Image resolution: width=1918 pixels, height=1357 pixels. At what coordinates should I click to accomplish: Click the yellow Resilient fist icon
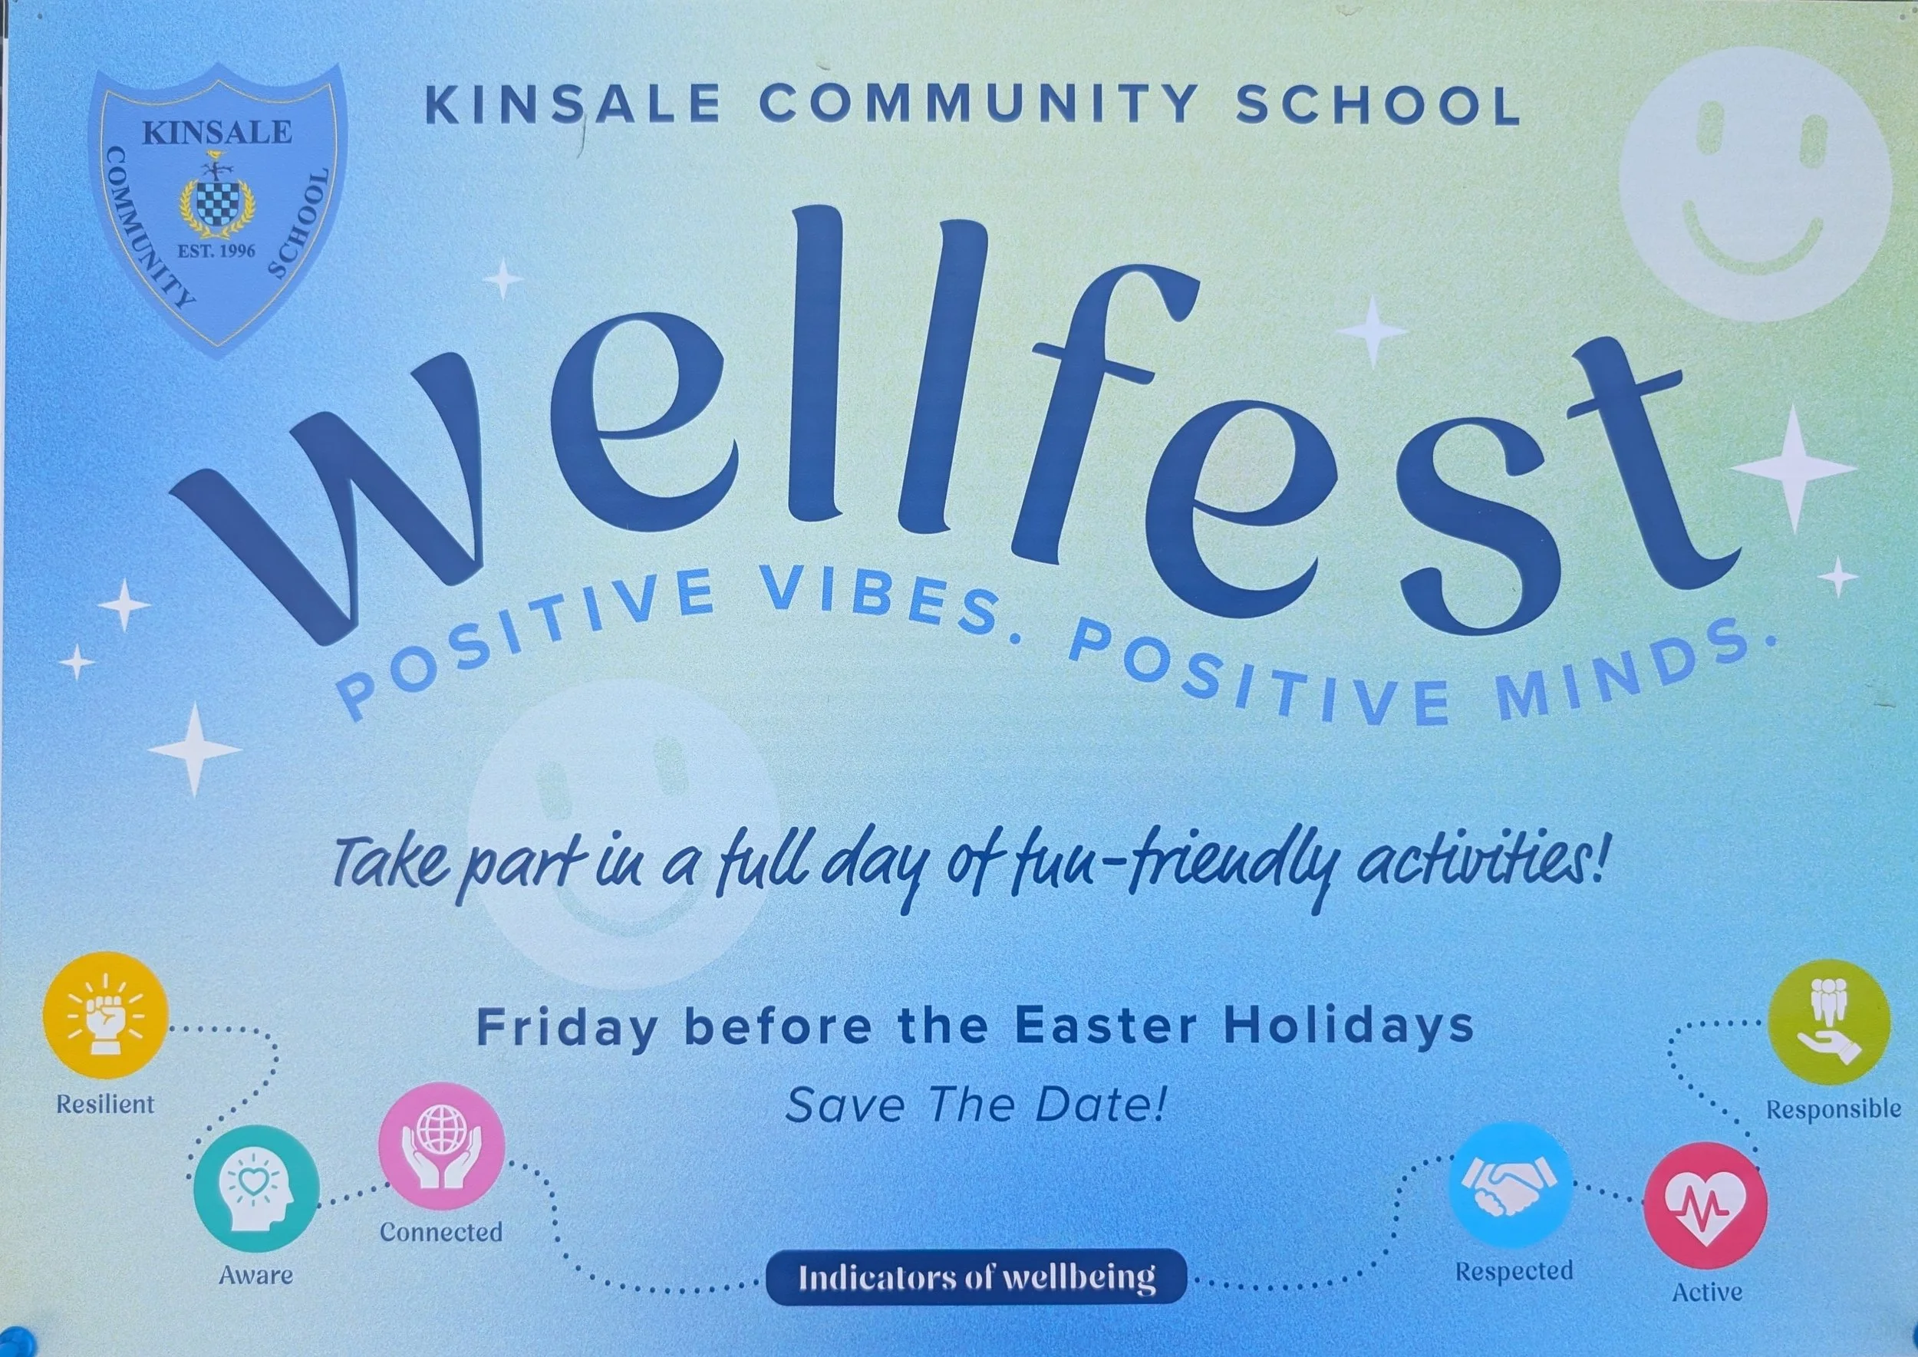click(x=105, y=1014)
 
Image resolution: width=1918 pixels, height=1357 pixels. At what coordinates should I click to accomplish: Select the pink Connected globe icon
click(x=441, y=1145)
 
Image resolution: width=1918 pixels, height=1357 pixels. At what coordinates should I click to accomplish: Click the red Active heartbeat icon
click(x=1705, y=1205)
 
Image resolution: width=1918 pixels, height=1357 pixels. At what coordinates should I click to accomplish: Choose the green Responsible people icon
click(x=1828, y=1023)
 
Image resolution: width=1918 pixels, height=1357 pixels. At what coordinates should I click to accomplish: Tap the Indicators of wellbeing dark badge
click(x=976, y=1276)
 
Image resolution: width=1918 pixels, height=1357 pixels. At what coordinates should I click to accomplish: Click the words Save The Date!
click(x=974, y=1105)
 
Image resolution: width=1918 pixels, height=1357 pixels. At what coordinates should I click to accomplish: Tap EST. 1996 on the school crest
click(x=216, y=250)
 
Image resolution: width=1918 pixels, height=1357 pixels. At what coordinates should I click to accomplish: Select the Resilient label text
click(x=105, y=1104)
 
